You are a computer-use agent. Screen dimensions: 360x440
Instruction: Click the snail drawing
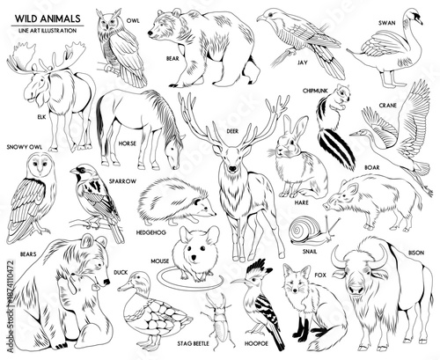(x=305, y=231)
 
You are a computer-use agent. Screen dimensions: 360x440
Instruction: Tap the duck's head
(x=132, y=282)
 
